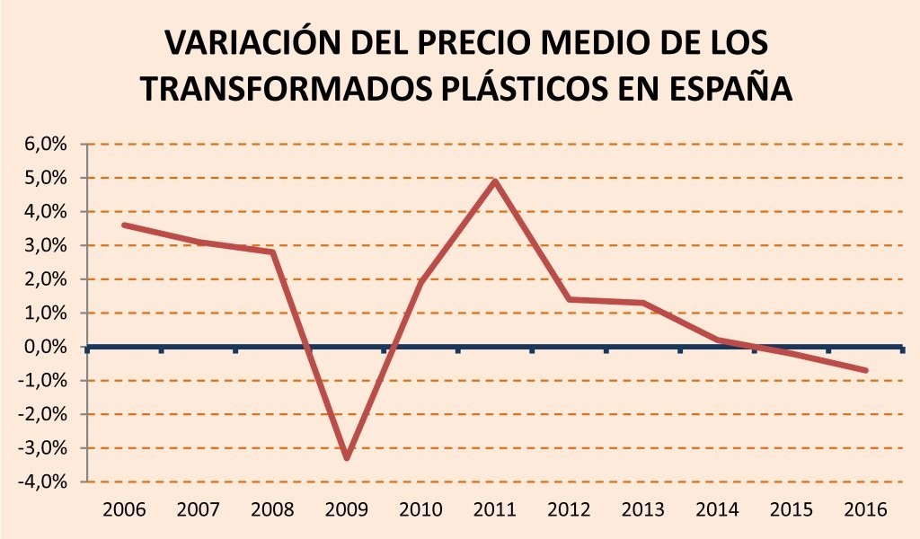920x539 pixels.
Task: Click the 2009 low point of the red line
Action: pos(347,457)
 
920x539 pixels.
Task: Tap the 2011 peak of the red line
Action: pos(495,181)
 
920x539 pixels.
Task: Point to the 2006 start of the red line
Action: pos(124,225)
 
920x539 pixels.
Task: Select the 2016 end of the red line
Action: pos(865,370)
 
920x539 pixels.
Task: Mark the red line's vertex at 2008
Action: pos(273,252)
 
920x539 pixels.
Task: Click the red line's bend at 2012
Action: pos(569,299)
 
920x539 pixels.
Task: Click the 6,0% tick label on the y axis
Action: pos(46,144)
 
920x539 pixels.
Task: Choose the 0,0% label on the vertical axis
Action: pos(46,347)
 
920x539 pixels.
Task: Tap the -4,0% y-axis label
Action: pos(42,482)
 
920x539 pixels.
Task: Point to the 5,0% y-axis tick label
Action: pos(46,178)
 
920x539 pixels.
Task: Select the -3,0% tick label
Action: pos(42,448)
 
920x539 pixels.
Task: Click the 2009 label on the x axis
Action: pos(347,509)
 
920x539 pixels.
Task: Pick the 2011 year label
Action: pos(495,509)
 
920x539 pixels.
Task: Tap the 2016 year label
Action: pos(865,509)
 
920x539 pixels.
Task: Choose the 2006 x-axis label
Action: pos(124,509)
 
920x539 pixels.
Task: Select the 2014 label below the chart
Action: pos(718,509)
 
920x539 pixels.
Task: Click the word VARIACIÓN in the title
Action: pos(252,43)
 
